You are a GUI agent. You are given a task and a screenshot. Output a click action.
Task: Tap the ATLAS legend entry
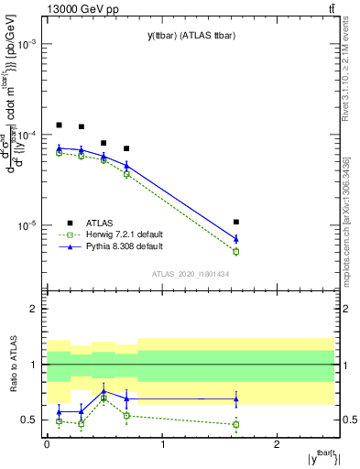pos(100,222)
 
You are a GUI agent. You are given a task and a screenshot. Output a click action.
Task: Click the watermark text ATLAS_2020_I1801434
pos(191,274)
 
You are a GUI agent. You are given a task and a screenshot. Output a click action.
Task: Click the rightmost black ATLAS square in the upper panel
pos(236,222)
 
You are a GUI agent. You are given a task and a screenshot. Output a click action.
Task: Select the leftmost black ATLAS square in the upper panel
pos(59,125)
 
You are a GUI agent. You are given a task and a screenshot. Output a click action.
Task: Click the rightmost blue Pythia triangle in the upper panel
pos(236,238)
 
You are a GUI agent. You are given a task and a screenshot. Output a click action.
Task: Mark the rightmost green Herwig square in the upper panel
pos(236,251)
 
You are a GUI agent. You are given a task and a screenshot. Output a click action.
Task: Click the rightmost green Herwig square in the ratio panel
pos(236,424)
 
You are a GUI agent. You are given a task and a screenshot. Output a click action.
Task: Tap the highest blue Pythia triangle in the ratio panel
pos(104,389)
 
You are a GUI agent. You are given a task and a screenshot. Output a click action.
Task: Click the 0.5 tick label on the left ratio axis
pos(29,420)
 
